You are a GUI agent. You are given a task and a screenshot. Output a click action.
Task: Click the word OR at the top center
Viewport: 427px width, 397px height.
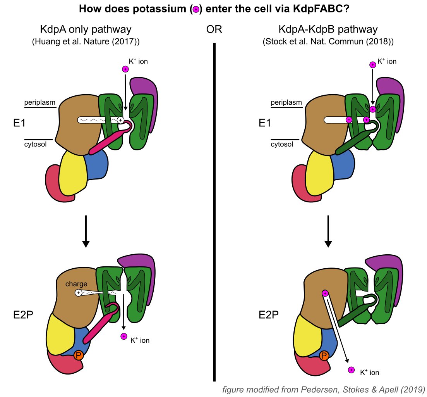pyautogui.click(x=214, y=30)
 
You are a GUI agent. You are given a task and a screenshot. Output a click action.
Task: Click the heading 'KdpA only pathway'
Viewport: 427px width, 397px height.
pyautogui.click(x=86, y=29)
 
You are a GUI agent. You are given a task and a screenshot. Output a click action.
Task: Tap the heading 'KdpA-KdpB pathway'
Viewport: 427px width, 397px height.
pyautogui.click(x=328, y=29)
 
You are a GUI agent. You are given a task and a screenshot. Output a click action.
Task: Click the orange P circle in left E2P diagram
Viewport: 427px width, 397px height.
pyautogui.click(x=79, y=355)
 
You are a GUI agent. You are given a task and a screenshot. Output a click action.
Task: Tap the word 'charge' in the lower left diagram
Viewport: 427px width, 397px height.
pyautogui.click(x=76, y=284)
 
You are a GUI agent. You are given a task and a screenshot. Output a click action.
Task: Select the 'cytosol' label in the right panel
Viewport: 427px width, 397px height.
pyautogui.click(x=281, y=145)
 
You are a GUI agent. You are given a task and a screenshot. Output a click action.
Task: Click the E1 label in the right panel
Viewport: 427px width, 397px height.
pyautogui.click(x=264, y=123)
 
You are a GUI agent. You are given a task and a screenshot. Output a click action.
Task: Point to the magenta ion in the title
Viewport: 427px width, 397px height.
pyautogui.click(x=196, y=10)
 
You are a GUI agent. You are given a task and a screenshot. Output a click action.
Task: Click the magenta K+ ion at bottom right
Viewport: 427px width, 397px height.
pyautogui.click(x=351, y=370)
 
